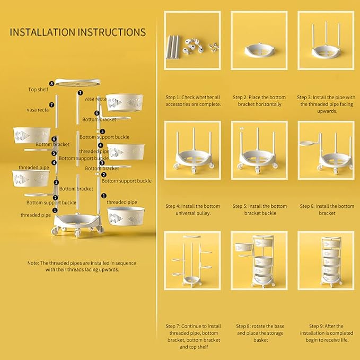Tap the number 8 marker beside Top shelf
click(51, 84)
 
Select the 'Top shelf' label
click(38, 90)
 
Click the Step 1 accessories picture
click(192, 40)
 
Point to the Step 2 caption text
click(259, 101)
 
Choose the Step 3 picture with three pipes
click(326, 40)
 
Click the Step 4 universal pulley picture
click(192, 150)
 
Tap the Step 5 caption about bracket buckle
click(260, 209)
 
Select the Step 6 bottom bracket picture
click(326, 150)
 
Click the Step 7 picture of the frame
click(192, 260)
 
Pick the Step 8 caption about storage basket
click(260, 333)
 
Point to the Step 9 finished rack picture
click(326, 260)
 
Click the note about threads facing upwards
click(82, 266)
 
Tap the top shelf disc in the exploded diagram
click(78, 82)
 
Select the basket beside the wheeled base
click(126, 216)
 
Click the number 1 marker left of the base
click(55, 210)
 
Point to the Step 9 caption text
click(326, 333)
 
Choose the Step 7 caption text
click(194, 336)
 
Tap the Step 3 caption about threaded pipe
click(326, 104)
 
